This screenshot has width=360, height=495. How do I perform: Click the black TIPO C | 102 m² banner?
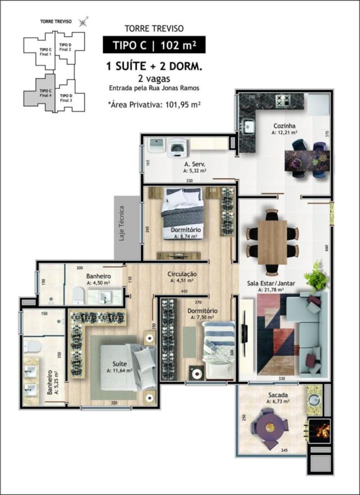154,45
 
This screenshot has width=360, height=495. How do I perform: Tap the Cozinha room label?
284,126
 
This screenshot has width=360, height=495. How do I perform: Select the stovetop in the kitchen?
284,100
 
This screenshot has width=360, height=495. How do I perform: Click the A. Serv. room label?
195,164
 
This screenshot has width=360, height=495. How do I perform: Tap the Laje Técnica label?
122,223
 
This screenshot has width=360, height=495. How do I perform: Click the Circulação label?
182,274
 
